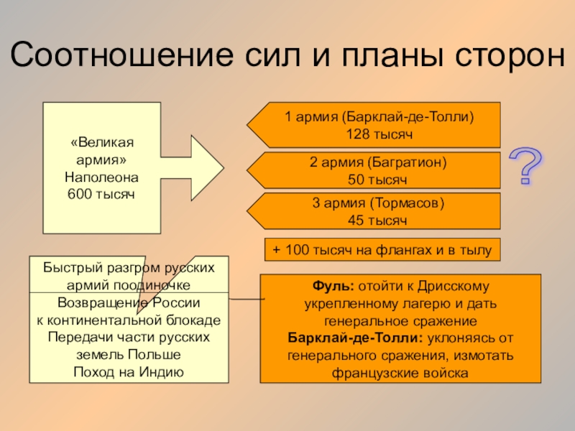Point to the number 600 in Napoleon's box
(80, 194)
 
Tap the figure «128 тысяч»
(377, 134)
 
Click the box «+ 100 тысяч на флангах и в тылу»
(382, 250)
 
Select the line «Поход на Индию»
(129, 371)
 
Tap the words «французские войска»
(400, 373)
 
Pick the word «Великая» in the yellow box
(102, 142)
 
